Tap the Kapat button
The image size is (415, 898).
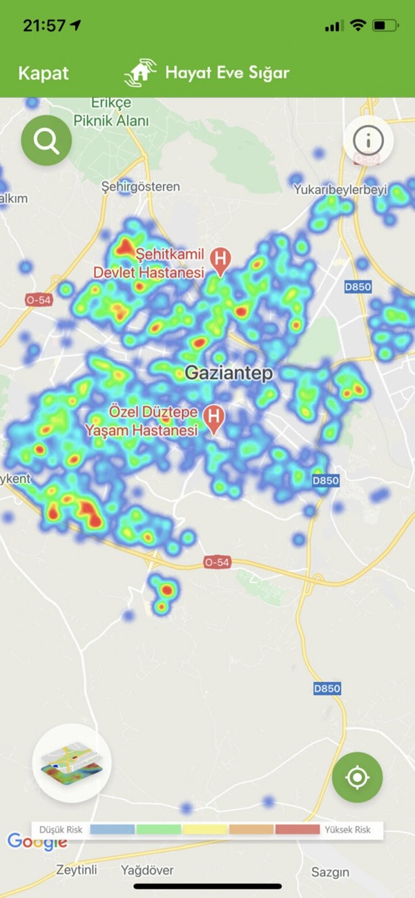43,73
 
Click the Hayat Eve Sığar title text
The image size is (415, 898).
227,73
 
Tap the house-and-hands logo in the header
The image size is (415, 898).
140,73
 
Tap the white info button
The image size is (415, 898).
368,141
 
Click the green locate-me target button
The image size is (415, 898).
357,777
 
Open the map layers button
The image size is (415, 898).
71,763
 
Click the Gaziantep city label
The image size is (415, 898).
228,373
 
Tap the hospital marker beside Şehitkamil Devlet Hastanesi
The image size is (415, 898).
220,258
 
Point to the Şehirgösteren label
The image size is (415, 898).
140,186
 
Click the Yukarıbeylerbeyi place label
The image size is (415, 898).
340,191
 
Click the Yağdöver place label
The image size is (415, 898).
147,870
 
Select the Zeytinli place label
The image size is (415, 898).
76,870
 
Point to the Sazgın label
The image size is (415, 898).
331,872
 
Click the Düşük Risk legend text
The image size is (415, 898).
61,829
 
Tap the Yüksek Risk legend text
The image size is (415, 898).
349,829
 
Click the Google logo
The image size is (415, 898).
36,842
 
